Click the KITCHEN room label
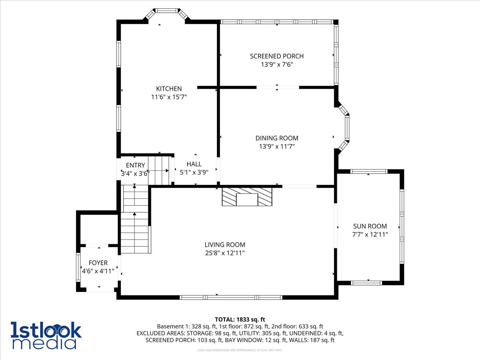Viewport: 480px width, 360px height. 169,89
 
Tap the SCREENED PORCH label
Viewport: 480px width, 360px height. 277,56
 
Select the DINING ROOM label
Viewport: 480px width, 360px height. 277,138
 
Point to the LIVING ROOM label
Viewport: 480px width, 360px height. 225,245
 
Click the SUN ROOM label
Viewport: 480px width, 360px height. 370,226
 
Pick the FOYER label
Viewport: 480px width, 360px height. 98,263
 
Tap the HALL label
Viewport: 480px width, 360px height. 194,164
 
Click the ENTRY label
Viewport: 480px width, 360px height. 135,166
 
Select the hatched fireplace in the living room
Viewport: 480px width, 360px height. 247,197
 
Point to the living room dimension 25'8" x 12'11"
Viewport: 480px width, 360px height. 225,253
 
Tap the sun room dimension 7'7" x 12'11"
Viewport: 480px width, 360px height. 370,234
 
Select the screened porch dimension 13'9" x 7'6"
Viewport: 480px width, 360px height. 277,64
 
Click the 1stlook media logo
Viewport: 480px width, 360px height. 46,335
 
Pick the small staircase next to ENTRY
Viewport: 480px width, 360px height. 159,170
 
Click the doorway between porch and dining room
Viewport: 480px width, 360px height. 278,87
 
